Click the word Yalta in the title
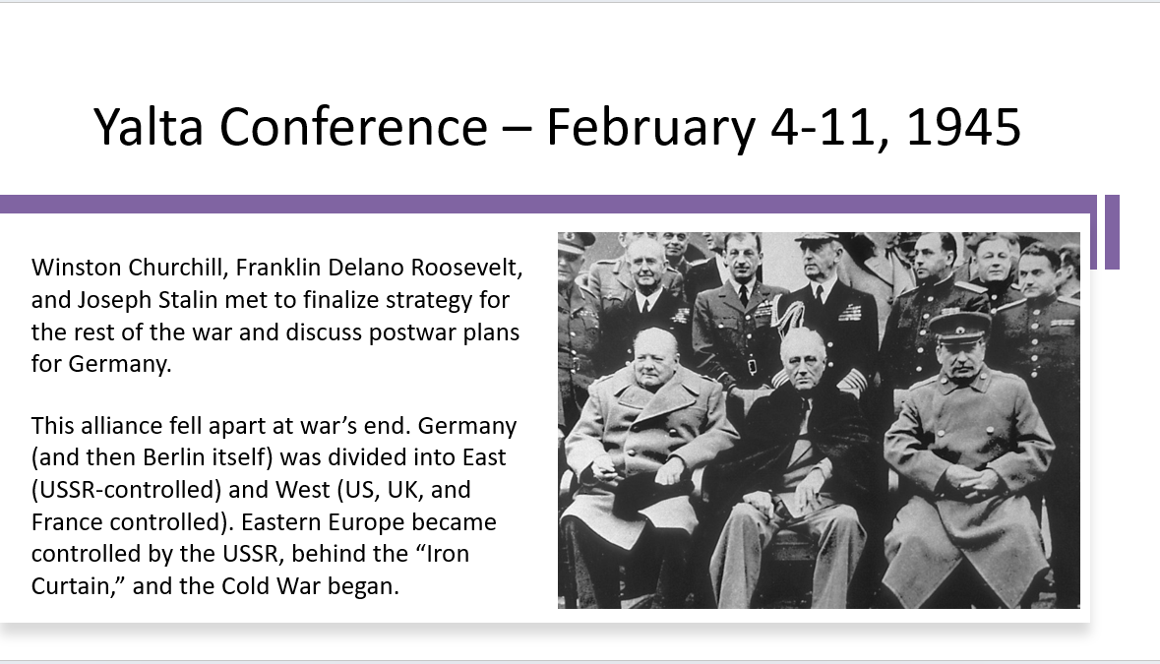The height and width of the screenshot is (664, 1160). coord(148,127)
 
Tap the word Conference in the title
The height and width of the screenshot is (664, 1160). coord(353,127)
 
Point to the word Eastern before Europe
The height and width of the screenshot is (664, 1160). coord(281,521)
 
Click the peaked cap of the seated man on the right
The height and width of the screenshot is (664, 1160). coord(959,325)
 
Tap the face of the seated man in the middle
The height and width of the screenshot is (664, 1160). coord(801,360)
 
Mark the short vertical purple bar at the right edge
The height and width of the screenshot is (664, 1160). coord(1112,232)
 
